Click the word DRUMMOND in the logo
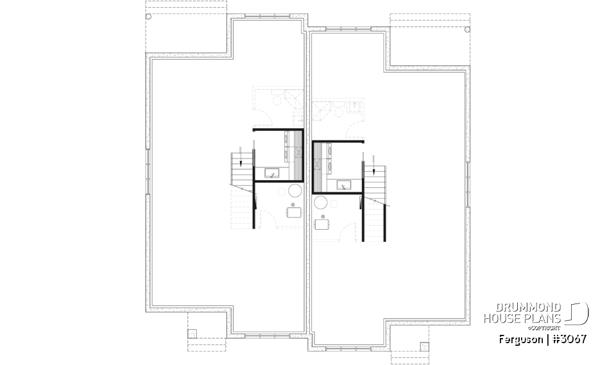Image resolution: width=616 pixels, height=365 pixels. [x=523, y=307]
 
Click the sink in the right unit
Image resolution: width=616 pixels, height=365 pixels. [x=346, y=185]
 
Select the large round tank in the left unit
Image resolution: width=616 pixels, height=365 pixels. [x=296, y=191]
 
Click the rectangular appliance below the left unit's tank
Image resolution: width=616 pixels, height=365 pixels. [x=294, y=212]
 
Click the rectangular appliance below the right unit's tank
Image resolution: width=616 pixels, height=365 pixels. [x=321, y=224]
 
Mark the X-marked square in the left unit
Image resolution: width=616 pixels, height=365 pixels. [x=298, y=153]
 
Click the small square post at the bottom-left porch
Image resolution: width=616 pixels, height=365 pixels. [x=192, y=333]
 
